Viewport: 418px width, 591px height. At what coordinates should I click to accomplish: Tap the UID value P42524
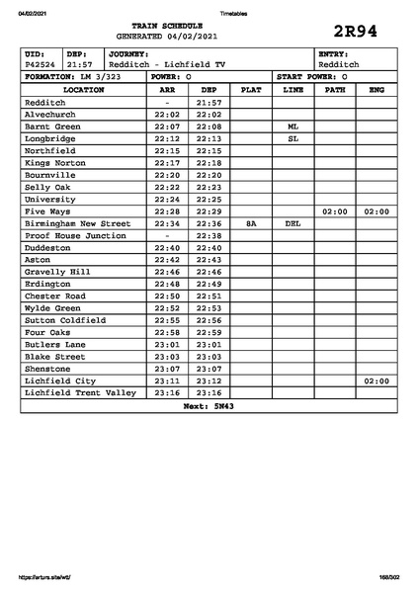pyautogui.click(x=41, y=64)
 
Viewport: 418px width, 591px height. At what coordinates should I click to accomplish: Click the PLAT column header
pyautogui.click(x=251, y=90)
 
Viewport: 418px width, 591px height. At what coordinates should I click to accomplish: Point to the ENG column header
pyautogui.click(x=376, y=90)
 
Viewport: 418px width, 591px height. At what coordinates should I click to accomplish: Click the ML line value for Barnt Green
pyautogui.click(x=293, y=127)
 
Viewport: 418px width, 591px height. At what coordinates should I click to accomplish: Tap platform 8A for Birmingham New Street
pyautogui.click(x=251, y=223)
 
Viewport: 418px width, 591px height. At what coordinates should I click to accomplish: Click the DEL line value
pyautogui.click(x=293, y=223)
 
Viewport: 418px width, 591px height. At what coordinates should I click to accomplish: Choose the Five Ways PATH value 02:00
pyautogui.click(x=335, y=211)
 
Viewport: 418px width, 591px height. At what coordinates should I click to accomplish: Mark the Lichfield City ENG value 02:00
pyautogui.click(x=376, y=380)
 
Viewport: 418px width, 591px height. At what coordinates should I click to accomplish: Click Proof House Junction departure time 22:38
pyautogui.click(x=209, y=236)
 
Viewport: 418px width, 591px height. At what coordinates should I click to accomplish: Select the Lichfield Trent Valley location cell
pyautogui.click(x=80, y=392)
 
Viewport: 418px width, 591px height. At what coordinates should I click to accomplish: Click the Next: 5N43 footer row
pyautogui.click(x=208, y=405)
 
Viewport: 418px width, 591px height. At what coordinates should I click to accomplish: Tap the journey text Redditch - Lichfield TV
pyautogui.click(x=167, y=64)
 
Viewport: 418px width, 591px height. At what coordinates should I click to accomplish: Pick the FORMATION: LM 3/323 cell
pyautogui.click(x=73, y=76)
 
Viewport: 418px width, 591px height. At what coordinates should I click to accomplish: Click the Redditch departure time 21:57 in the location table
pyautogui.click(x=209, y=102)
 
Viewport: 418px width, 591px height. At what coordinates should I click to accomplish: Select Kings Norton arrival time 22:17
pyautogui.click(x=167, y=163)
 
